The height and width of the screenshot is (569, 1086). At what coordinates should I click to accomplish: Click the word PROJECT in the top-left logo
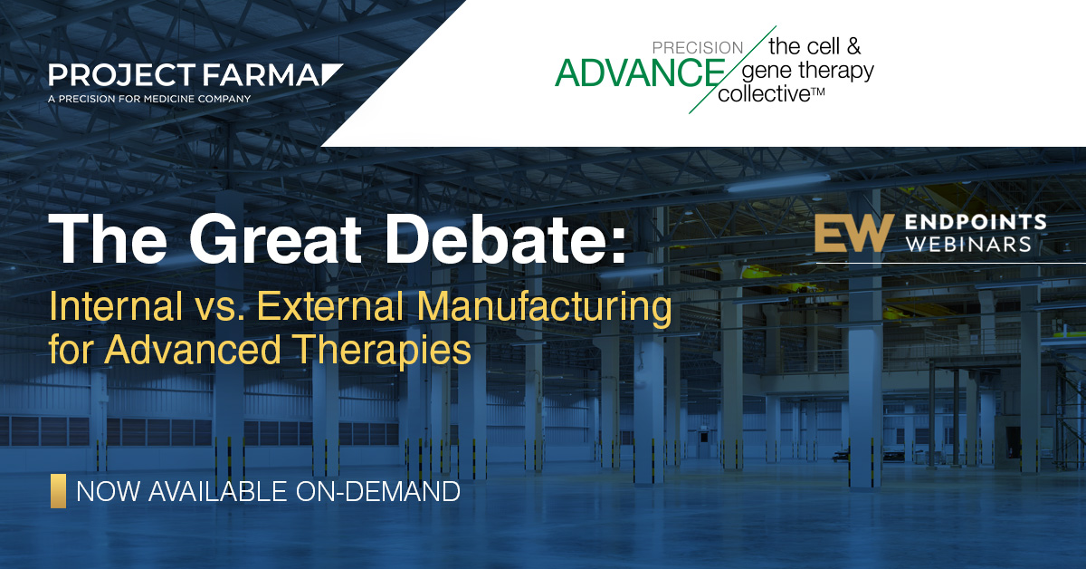pos(121,75)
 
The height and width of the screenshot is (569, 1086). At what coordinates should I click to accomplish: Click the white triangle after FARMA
pos(331,73)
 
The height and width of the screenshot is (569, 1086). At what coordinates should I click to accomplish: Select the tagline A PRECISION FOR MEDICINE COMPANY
pos(149,99)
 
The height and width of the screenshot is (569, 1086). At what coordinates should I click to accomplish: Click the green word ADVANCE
pos(640,72)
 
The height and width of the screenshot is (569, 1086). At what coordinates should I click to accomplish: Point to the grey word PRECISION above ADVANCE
pos(698,48)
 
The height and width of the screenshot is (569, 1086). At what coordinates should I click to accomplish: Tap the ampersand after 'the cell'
pos(853,46)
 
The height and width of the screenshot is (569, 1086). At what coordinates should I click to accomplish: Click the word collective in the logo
pos(764,93)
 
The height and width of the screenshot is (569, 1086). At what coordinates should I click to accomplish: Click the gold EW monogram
pos(854,233)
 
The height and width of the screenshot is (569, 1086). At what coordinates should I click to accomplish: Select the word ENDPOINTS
pos(976,222)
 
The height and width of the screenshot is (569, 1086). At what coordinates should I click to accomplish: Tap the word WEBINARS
pos(968,244)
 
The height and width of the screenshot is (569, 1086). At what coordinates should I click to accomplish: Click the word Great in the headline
pos(275,239)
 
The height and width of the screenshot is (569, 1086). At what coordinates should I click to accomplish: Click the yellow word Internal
pos(116,306)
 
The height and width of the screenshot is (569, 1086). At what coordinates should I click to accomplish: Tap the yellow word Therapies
pos(383,351)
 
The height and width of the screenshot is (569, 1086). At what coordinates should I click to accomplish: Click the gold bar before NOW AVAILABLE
pos(58,491)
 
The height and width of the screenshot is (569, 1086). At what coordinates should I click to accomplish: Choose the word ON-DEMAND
pos(378,491)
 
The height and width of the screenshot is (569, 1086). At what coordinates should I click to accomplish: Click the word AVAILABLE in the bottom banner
pos(218,491)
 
